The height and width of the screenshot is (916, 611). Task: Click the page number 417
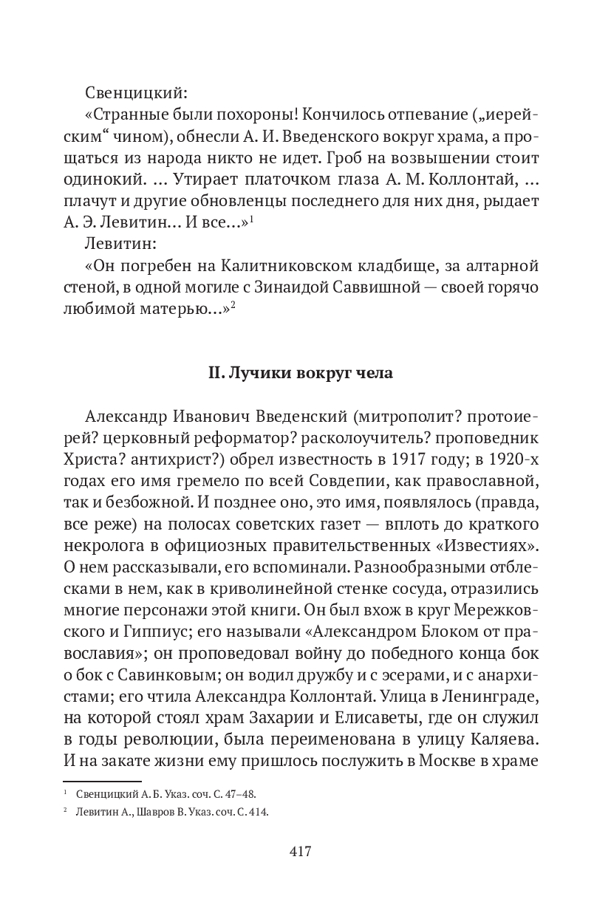click(301, 851)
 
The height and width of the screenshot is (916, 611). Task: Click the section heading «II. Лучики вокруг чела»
click(301, 373)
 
